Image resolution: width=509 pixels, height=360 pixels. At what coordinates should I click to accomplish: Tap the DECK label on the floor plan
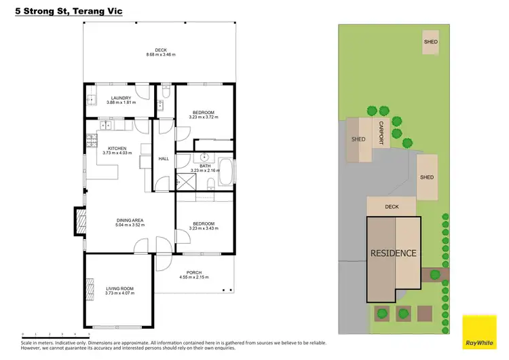pos(160,50)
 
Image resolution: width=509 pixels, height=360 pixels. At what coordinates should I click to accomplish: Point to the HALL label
pos(164,159)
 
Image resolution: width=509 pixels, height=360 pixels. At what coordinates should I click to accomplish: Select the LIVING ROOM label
pos(119,289)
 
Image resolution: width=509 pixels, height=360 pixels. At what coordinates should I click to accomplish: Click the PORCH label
pos(193,273)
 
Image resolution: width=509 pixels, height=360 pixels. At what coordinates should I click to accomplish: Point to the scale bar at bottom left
pos(56,334)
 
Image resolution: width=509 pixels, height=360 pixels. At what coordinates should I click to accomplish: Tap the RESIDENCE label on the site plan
pos(393,253)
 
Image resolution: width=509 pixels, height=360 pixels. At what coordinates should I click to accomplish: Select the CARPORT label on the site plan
pos(381,133)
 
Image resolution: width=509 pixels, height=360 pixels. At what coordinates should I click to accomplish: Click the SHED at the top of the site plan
pos(431,41)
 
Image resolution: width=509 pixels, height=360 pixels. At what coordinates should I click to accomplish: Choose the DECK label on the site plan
pos(392,206)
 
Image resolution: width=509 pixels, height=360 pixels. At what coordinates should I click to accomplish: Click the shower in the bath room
pos(184,182)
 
